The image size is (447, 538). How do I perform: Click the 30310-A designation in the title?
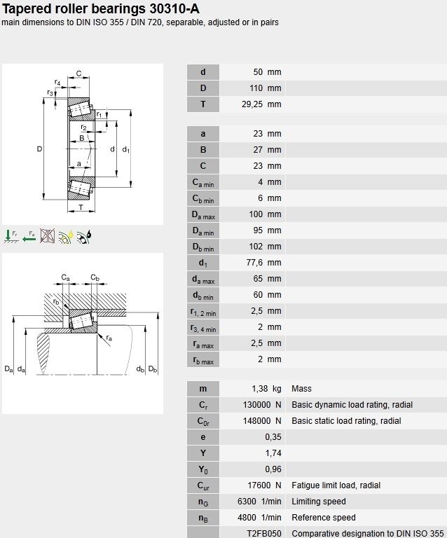(174, 8)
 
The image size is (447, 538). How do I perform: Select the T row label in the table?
(203, 104)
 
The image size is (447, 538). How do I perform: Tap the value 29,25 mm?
(261, 104)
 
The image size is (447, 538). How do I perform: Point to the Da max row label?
(203, 215)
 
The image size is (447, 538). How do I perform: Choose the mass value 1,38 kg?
(266, 388)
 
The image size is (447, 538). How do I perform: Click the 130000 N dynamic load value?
(262, 404)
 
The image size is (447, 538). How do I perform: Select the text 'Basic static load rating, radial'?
(346, 420)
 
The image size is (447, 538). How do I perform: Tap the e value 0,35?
(273, 437)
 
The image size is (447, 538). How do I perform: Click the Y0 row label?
(203, 469)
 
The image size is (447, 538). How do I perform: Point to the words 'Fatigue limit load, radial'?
(336, 485)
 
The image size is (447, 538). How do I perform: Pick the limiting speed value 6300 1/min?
(259, 502)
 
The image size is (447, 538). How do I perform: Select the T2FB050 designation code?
(264, 533)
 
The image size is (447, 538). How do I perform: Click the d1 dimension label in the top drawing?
(126, 150)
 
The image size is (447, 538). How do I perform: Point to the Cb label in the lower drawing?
(95, 277)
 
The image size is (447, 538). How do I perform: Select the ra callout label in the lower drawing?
(109, 338)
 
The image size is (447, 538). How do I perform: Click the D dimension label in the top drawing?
(39, 149)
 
